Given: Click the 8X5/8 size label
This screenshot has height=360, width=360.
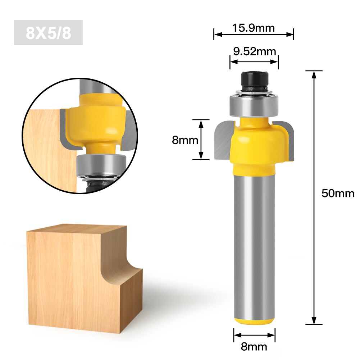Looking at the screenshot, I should click(x=48, y=33).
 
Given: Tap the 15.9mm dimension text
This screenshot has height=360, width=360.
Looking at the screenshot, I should click(x=254, y=27).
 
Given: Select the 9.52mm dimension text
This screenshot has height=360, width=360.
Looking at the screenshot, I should click(x=254, y=51).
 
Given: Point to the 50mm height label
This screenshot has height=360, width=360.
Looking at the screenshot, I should click(x=338, y=193).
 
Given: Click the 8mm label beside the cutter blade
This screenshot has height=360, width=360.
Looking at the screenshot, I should click(x=185, y=140).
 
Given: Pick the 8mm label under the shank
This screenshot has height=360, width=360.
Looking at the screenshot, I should click(x=254, y=346).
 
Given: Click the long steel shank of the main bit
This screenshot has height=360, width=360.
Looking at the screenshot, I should click(x=254, y=245).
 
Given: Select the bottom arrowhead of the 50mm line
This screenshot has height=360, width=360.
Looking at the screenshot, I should click(x=314, y=321).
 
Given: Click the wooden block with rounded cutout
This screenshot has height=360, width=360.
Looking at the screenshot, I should click(x=79, y=277).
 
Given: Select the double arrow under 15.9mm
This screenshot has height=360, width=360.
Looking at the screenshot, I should click(x=254, y=35).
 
